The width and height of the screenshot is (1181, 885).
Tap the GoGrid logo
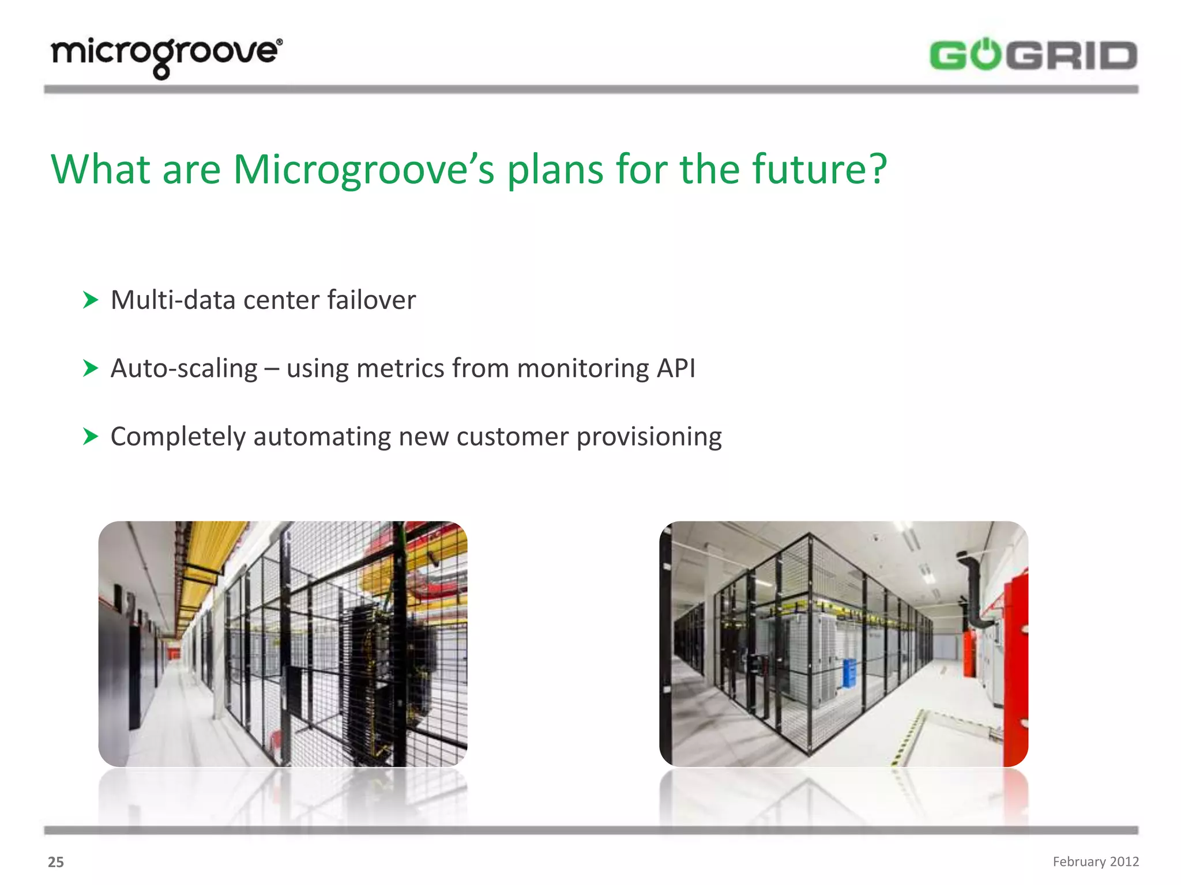[1033, 56]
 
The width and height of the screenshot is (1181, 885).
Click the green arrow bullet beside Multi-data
[91, 300]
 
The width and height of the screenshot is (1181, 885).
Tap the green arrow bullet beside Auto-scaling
[91, 368]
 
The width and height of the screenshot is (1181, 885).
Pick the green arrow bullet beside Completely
[91, 436]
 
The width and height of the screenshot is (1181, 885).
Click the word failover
[371, 300]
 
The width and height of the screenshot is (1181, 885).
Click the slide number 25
[56, 862]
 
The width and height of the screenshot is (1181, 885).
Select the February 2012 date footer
[1096, 861]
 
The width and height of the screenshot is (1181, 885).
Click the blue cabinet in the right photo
[849, 672]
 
